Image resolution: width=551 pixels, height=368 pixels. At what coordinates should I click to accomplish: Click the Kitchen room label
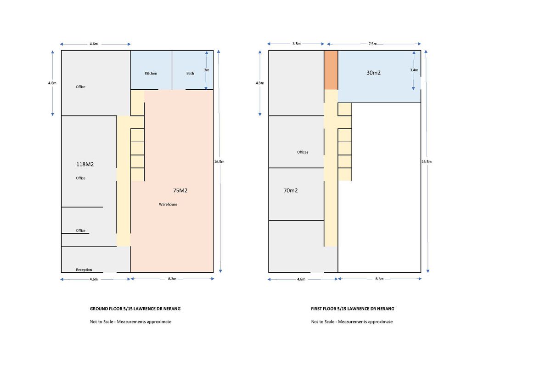[151, 73]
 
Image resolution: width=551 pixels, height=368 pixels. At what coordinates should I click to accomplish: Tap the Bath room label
[190, 73]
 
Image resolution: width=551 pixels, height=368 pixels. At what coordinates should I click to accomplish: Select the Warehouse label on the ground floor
[168, 204]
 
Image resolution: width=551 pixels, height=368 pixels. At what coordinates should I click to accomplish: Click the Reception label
[84, 270]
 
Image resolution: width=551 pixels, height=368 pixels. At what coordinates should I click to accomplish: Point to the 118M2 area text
[85, 164]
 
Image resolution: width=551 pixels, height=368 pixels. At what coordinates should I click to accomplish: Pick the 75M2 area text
[180, 190]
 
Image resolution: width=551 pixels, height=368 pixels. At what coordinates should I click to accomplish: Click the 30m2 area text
[373, 73]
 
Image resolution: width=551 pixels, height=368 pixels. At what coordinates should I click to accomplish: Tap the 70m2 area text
[291, 190]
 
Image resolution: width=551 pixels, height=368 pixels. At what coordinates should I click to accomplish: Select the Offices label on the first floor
[303, 152]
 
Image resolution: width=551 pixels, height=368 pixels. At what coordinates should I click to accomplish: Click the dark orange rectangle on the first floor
[331, 70]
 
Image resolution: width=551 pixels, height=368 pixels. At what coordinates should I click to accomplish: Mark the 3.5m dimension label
[297, 44]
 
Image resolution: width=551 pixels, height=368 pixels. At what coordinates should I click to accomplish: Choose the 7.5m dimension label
[372, 44]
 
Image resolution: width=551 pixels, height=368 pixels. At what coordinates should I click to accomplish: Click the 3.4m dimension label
[414, 70]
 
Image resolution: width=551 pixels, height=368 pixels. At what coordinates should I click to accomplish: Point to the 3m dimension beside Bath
[207, 70]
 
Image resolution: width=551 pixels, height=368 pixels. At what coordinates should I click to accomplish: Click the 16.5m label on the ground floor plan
[219, 162]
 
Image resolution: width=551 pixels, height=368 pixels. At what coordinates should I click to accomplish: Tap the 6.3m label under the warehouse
[172, 279]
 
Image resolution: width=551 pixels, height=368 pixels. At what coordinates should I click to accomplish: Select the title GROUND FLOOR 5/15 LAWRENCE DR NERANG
[135, 309]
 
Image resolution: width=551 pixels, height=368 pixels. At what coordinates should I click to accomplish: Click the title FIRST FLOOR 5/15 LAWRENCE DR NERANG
[353, 309]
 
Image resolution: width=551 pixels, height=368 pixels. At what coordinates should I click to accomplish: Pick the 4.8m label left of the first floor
[260, 83]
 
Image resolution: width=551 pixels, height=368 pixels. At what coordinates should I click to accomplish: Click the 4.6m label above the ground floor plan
[94, 44]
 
